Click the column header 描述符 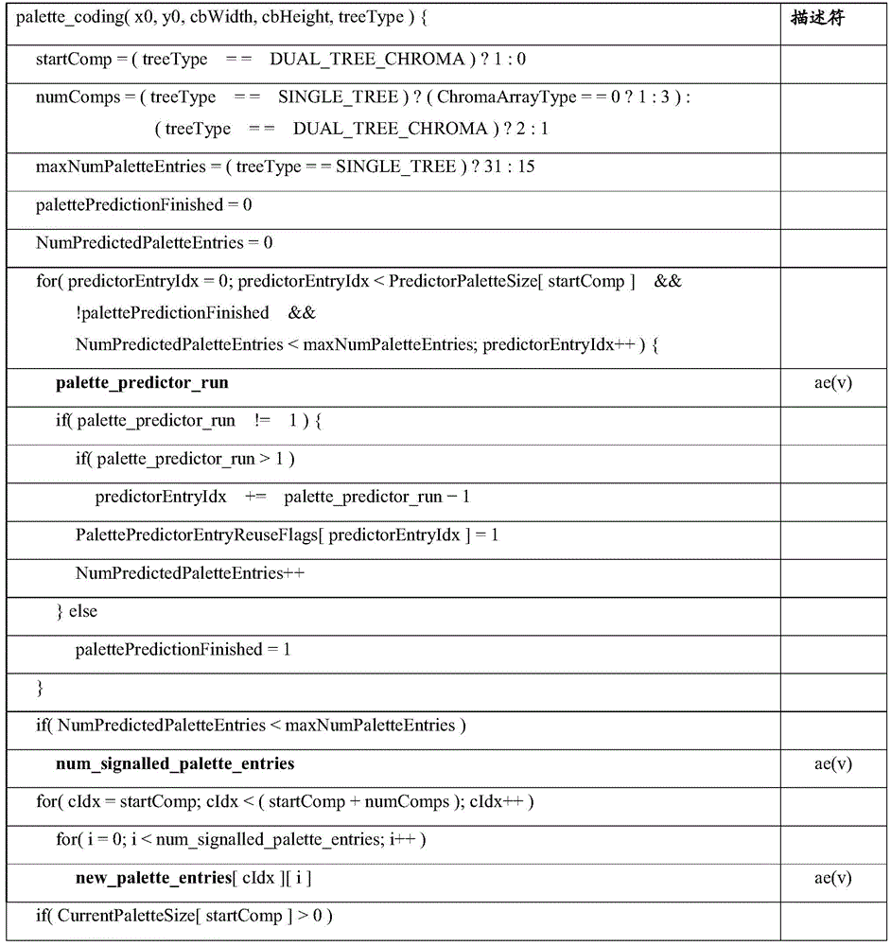818,19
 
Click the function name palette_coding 66,19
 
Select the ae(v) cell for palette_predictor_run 832,383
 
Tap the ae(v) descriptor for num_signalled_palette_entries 832,764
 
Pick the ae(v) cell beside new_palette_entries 832,879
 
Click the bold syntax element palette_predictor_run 142,383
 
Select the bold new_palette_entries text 154,879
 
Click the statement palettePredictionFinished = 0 144,205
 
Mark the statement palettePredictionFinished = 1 183,650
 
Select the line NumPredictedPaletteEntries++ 190,573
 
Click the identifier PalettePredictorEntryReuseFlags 199,535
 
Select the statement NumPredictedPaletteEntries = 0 154,243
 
